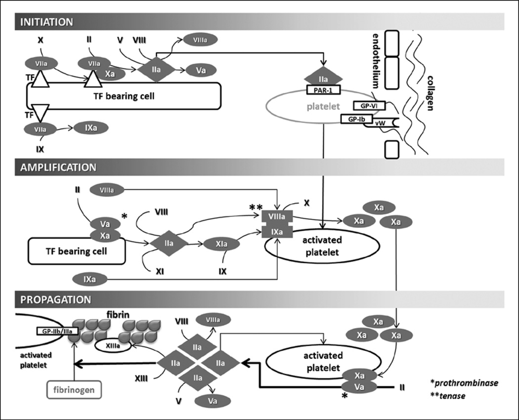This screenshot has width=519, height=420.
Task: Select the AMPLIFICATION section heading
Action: point(58,167)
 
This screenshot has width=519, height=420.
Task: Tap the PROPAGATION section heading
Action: point(55,299)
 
